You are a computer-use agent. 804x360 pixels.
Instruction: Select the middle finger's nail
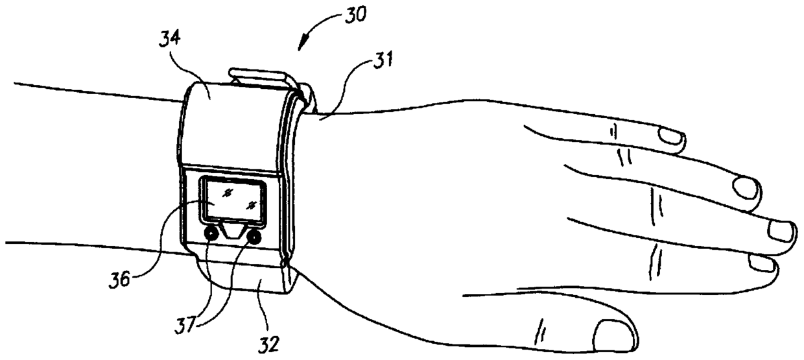pyautogui.click(x=781, y=230)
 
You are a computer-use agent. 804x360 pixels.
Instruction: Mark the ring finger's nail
pyautogui.click(x=749, y=187)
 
